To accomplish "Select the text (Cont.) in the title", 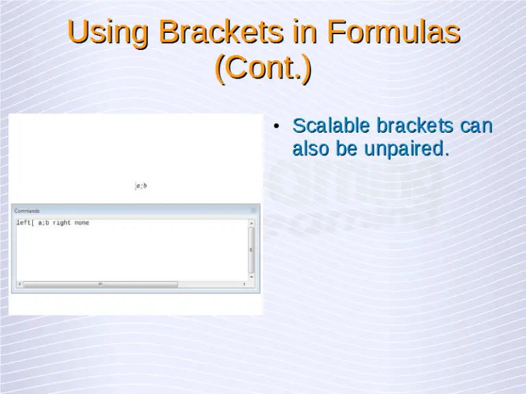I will tap(263, 69).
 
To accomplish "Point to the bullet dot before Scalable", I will tap(275, 127).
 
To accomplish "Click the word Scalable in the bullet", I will tap(331, 127).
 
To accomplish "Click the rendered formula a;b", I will tap(141, 186).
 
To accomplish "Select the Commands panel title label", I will tap(27, 211).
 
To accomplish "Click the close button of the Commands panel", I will tap(253, 211).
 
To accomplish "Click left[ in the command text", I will tap(25, 223).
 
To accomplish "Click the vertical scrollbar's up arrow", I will tap(251, 223).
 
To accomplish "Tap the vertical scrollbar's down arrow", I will tap(251, 276).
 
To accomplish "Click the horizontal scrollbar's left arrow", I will tap(19, 284).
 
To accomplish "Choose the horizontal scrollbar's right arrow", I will tap(244, 284).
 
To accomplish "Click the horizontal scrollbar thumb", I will tap(100, 284).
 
